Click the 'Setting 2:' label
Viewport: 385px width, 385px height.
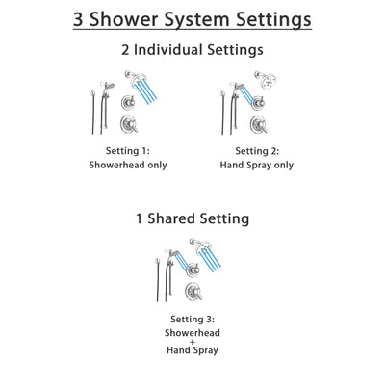coord(254,151)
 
